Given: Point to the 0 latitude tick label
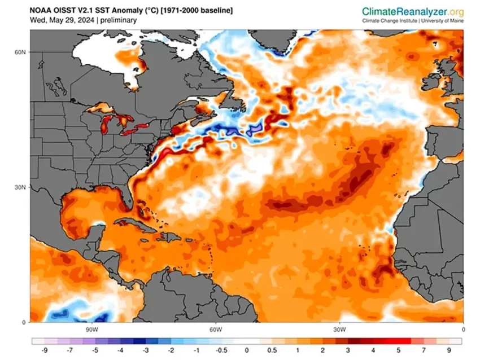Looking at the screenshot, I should [24, 322].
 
